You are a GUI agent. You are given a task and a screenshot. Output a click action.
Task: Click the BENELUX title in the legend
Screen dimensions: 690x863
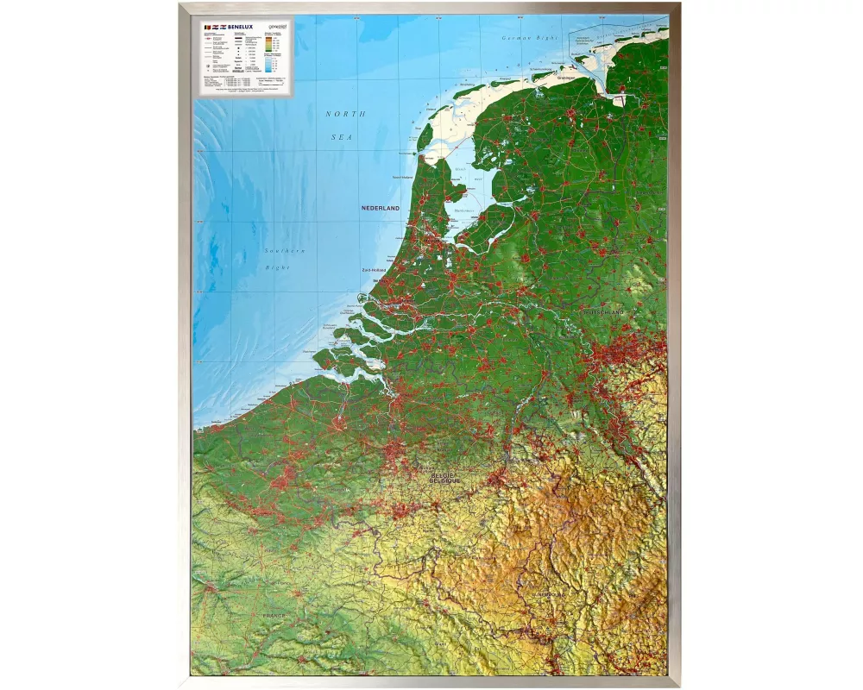click(x=235, y=28)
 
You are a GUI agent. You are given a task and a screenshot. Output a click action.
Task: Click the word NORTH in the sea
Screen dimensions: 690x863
click(x=345, y=114)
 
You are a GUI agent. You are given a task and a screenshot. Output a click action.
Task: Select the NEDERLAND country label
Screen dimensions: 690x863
click(x=381, y=209)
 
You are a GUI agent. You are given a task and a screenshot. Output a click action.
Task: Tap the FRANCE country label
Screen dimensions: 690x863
click(x=274, y=616)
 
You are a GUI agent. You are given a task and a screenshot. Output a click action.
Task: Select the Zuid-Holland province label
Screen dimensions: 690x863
click(x=374, y=270)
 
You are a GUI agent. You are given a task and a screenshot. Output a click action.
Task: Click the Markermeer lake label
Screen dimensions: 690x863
click(x=465, y=210)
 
